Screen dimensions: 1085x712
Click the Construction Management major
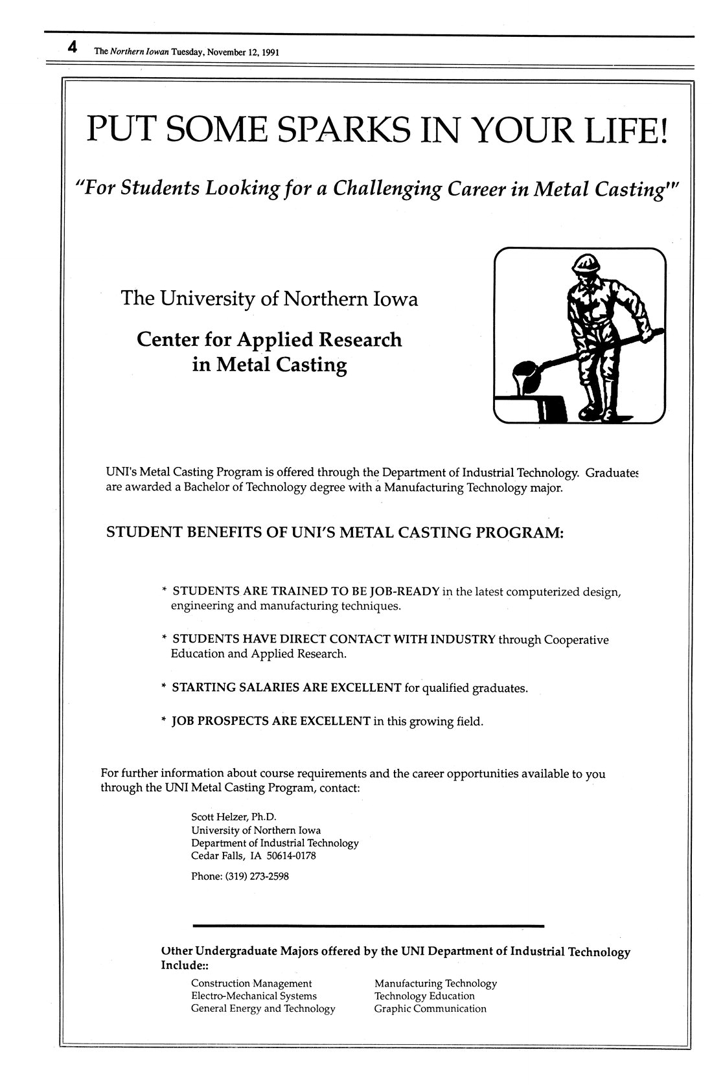251,983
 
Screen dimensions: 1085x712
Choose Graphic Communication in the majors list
430,1008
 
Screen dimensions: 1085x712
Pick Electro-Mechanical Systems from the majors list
254,996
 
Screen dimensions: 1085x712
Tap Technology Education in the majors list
424,996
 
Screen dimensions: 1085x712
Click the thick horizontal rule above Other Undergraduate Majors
369,926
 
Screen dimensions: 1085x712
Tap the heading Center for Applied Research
269,339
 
